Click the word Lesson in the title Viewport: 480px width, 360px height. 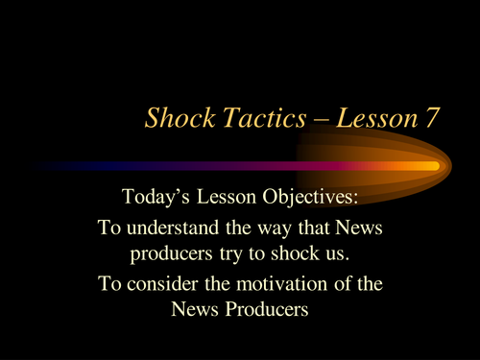point(369,118)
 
